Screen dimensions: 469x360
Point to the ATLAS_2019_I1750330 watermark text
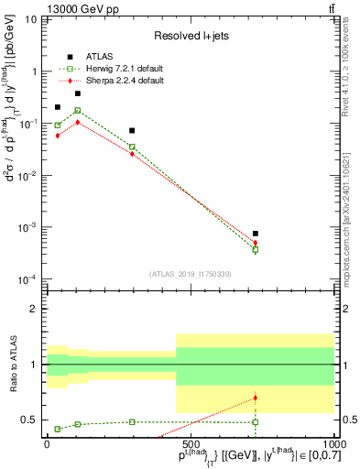191,273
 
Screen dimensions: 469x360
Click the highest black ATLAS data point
78,93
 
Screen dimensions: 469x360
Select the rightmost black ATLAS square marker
256,234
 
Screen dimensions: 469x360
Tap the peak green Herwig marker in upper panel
78,110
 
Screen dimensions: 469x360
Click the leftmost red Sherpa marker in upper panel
58,135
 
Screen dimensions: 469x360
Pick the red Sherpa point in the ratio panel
256,398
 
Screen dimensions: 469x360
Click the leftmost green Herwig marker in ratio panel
58,429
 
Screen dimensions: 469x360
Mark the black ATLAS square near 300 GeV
133,131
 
